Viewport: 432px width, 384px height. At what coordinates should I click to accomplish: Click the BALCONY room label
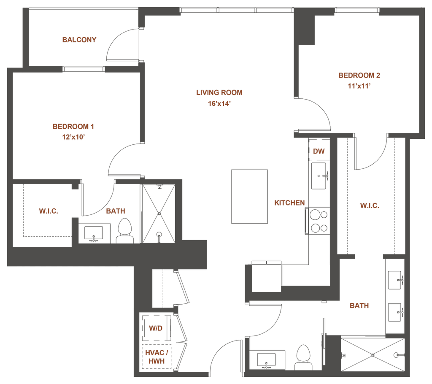tap(79, 39)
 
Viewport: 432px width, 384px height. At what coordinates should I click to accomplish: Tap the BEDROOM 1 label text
tap(73, 126)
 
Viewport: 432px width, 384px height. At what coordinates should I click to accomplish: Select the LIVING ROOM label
tap(219, 92)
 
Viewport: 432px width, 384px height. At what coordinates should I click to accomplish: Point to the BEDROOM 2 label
tap(359, 76)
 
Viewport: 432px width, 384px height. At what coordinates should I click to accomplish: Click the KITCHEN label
tap(289, 203)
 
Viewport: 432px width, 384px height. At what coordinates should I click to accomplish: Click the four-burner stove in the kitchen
tap(319, 221)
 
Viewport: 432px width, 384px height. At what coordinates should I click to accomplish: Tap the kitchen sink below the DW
tap(319, 176)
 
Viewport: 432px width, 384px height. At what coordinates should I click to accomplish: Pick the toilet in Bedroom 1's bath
tap(125, 231)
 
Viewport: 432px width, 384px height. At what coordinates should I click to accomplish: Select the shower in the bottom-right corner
tap(373, 355)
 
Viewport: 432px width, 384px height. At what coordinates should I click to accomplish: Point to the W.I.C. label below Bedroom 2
tap(370, 206)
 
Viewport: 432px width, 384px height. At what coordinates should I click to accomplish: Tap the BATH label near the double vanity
tap(359, 306)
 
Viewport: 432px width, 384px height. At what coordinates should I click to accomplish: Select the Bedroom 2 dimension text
tap(359, 86)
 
